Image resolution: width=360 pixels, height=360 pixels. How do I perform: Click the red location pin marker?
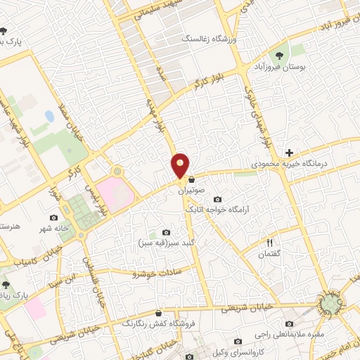pyautogui.click(x=181, y=165)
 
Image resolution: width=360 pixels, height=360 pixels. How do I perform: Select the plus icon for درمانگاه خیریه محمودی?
pyautogui.click(x=289, y=153)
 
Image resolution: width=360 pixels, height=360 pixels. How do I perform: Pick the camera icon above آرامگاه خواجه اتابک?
pyautogui.click(x=216, y=199)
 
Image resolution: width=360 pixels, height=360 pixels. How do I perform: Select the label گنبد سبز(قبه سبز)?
pyautogui.click(x=165, y=243)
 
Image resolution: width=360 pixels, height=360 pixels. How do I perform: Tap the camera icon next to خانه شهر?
pyautogui.click(x=54, y=218)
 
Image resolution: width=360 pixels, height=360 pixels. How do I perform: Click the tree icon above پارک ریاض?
pyautogui.click(x=6, y=285)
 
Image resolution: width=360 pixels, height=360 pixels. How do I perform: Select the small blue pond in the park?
pyautogui.click(x=49, y=115)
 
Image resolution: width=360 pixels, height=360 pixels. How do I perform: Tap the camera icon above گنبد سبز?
pyautogui.click(x=166, y=233)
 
